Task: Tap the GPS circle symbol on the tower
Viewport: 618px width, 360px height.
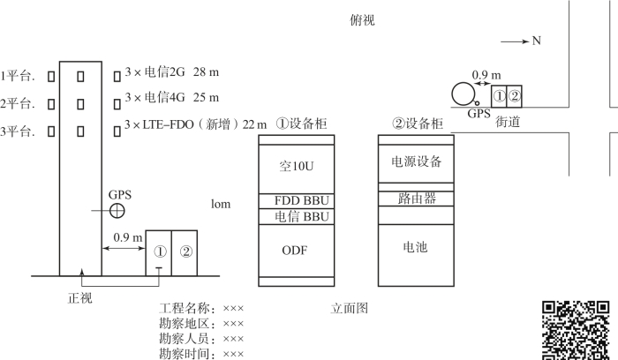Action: [x=117, y=211]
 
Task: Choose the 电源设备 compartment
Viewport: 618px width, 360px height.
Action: [x=415, y=162]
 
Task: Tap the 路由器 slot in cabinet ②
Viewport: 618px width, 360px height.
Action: [x=415, y=199]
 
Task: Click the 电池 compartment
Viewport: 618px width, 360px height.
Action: [x=415, y=248]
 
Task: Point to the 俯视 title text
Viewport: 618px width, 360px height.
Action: [x=362, y=20]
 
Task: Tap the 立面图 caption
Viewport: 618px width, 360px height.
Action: [x=349, y=309]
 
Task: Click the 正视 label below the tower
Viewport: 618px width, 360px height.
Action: [x=79, y=297]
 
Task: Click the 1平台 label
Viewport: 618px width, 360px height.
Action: [x=18, y=75]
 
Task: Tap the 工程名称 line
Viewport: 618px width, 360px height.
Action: [x=200, y=309]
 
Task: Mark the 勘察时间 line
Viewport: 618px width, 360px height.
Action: [x=200, y=354]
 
